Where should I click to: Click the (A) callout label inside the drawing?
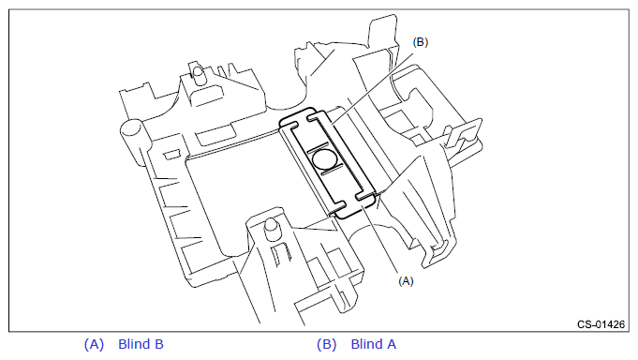406,281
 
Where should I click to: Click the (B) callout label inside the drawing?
421,42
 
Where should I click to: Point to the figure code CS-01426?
601,324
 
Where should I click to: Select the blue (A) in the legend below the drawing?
94,344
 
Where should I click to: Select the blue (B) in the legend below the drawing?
327,344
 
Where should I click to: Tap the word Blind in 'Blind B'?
133,344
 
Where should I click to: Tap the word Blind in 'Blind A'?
365,344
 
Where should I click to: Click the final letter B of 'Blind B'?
158,344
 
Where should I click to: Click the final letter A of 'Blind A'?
392,344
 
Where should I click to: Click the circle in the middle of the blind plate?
325,158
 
